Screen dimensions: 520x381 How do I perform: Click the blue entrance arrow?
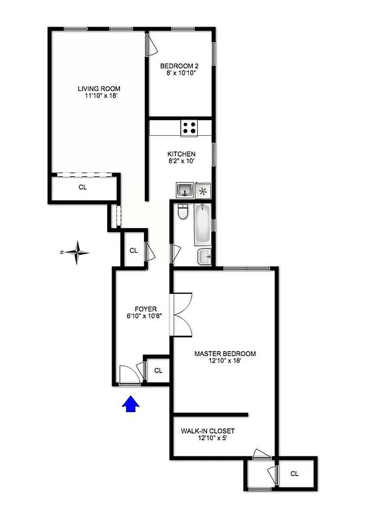click(x=132, y=404)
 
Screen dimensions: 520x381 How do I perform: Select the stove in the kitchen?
click(x=190, y=128)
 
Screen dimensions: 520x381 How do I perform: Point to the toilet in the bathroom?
click(x=183, y=213)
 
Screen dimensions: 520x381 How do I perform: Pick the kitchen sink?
click(x=184, y=190)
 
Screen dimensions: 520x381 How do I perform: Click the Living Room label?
click(x=99, y=89)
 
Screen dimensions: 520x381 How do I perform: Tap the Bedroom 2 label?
click(x=178, y=65)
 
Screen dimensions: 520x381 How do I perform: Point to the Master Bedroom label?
click(x=225, y=354)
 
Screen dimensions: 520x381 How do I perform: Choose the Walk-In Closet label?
click(x=208, y=431)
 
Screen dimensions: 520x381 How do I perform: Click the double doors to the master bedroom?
click(x=181, y=315)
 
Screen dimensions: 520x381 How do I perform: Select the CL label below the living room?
click(x=82, y=187)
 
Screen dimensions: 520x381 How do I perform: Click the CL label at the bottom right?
click(x=295, y=474)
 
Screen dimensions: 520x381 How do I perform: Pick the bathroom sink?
click(x=204, y=255)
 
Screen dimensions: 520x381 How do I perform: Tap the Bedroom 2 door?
click(x=151, y=45)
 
